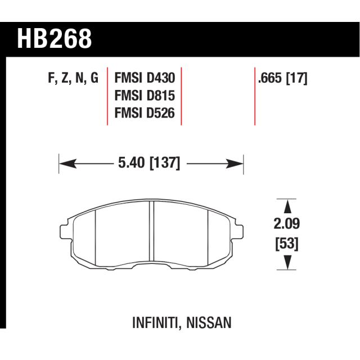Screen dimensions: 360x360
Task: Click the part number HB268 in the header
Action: click(x=55, y=39)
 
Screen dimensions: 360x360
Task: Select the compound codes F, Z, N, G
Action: click(x=73, y=78)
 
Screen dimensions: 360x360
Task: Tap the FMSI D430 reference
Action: click(x=145, y=78)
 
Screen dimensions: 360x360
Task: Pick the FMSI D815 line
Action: click(x=145, y=96)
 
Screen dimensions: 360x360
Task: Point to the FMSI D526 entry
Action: click(x=145, y=113)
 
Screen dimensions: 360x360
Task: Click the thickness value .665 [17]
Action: click(x=282, y=78)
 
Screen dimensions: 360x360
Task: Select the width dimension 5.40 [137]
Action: click(x=149, y=163)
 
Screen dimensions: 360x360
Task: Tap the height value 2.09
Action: click(x=287, y=224)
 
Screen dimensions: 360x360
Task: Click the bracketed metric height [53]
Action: click(x=287, y=244)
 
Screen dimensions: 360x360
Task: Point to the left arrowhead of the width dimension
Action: click(x=67, y=164)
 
